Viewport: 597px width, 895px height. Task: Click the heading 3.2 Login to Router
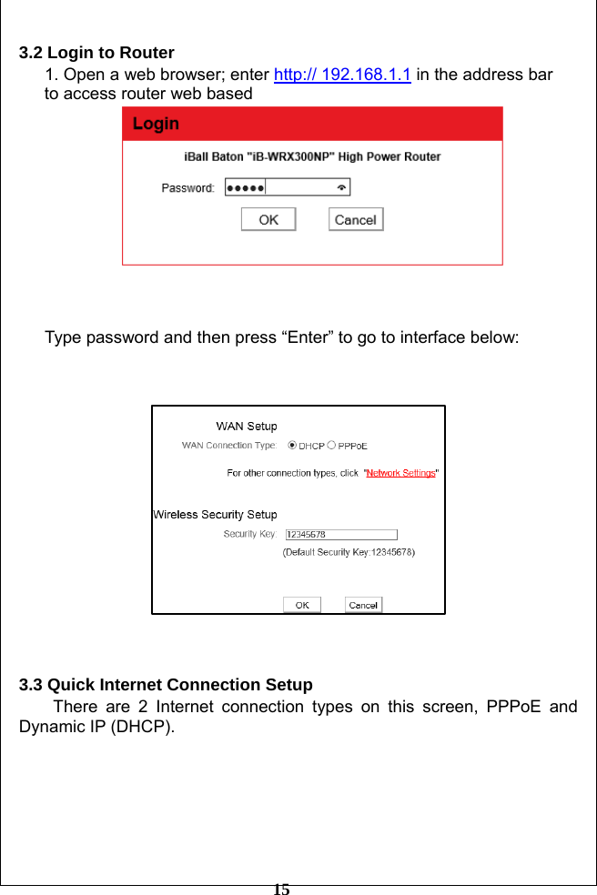[96, 53]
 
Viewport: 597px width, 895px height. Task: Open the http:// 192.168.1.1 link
[342, 75]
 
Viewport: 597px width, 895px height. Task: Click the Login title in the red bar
[156, 124]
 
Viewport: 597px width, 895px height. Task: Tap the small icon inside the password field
[341, 188]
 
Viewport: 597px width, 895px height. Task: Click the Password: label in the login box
[188, 188]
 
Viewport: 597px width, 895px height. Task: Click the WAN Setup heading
[246, 426]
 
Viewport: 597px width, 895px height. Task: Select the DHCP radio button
[292, 446]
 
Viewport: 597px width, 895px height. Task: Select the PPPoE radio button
[331, 446]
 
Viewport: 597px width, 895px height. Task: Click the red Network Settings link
[400, 473]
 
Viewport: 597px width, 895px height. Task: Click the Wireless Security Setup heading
[215, 515]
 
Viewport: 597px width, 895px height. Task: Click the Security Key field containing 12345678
[341, 535]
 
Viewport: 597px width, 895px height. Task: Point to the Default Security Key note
[349, 551]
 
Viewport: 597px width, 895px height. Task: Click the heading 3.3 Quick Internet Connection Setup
[166, 685]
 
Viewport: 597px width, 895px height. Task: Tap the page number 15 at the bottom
[282, 889]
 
